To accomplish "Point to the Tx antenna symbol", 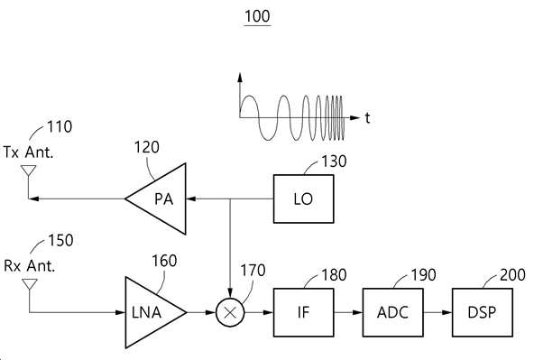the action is point(29,171).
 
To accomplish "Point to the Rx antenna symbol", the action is point(30,284).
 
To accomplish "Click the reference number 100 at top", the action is point(257,16).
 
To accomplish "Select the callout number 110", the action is point(60,126).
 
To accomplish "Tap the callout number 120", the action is point(146,147).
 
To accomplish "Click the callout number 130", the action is point(334,162).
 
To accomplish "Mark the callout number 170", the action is point(253,271).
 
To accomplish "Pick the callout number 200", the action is point(512,275).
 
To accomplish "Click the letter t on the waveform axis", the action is point(367,118).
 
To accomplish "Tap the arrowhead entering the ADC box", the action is point(357,312).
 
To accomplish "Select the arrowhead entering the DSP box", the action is point(447,312).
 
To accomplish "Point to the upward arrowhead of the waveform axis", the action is point(240,78).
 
